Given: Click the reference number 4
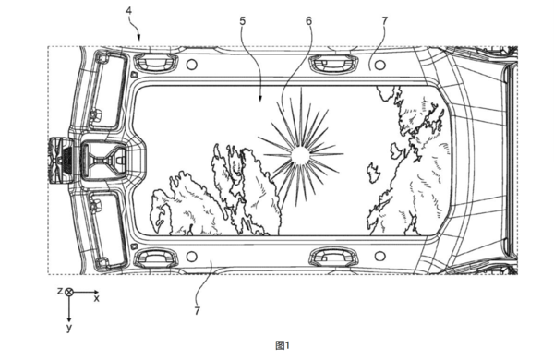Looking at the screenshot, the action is pyautogui.click(x=129, y=10).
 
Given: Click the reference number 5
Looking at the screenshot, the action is pyautogui.click(x=242, y=21).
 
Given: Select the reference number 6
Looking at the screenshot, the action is pyautogui.click(x=308, y=21).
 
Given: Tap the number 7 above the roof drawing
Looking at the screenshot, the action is pyautogui.click(x=385, y=21).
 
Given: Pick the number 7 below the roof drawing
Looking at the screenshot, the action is pyautogui.click(x=198, y=311).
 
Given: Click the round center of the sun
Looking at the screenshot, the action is pyautogui.click(x=301, y=155).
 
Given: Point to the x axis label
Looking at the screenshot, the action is pyautogui.click(x=96, y=298).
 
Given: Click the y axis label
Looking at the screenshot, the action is pyautogui.click(x=69, y=328).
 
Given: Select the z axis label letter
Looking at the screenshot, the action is pyautogui.click(x=60, y=291).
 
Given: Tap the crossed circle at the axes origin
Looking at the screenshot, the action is pyautogui.click(x=69, y=292).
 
